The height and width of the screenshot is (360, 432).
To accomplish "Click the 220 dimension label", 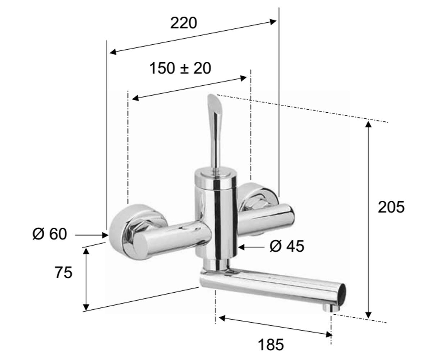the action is [x=184, y=23].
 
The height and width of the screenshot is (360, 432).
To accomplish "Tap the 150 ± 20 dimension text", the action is [x=180, y=68].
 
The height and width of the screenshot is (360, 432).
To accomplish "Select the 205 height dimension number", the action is [x=391, y=207].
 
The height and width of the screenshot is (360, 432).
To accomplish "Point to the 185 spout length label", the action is [x=271, y=345].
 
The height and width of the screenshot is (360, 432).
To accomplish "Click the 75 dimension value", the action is [x=63, y=273].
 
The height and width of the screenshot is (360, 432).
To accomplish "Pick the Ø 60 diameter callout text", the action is [x=50, y=234].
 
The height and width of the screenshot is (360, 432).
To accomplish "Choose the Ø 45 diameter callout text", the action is [x=287, y=246].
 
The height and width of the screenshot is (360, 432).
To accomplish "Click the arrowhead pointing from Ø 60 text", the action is [x=105, y=235].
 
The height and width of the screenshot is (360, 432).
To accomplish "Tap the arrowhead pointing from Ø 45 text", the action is [x=242, y=247].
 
